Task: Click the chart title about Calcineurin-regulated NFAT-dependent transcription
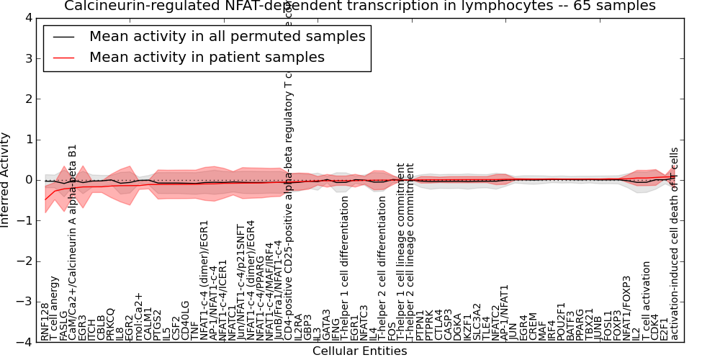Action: [x=360, y=6]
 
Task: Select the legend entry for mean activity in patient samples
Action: [x=207, y=57]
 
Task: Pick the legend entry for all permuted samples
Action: [x=227, y=36]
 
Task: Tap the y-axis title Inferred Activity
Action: [x=6, y=179]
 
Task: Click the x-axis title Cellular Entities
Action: [x=359, y=351]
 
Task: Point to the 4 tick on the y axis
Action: [x=29, y=18]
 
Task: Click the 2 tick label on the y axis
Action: [x=29, y=99]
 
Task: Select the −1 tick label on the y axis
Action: [x=26, y=221]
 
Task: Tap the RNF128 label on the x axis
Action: [x=45, y=321]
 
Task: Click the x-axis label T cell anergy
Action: [x=55, y=307]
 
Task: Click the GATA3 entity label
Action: [x=326, y=325]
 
